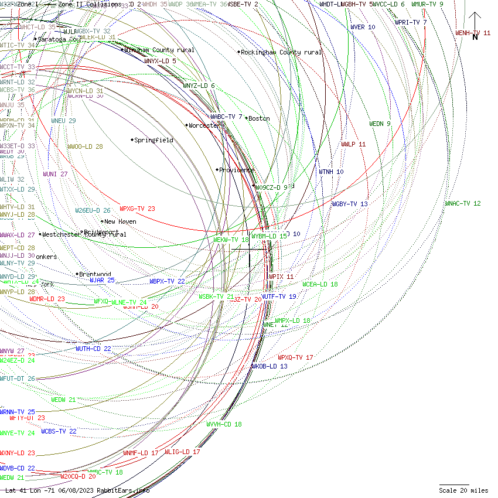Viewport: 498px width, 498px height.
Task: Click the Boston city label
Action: (259, 118)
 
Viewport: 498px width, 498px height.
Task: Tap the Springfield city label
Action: (154, 141)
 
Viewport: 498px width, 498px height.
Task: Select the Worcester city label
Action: (204, 125)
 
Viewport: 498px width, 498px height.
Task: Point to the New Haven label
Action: (121, 222)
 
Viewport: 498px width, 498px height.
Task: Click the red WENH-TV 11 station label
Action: (473, 33)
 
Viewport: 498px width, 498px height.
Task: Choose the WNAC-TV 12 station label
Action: (463, 204)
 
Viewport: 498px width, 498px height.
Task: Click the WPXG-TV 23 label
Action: (137, 209)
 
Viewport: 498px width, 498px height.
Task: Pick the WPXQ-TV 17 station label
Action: (295, 357)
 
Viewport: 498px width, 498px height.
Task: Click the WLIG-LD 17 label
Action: (182, 452)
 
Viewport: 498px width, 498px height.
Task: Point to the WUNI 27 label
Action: (55, 174)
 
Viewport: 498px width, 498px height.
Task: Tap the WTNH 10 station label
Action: (331, 172)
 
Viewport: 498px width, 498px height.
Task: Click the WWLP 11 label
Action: (353, 144)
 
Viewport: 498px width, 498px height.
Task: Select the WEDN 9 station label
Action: (380, 124)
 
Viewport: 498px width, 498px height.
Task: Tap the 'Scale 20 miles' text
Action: (463, 490)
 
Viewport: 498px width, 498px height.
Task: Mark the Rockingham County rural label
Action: (281, 53)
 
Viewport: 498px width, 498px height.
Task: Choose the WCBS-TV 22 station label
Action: (59, 431)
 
